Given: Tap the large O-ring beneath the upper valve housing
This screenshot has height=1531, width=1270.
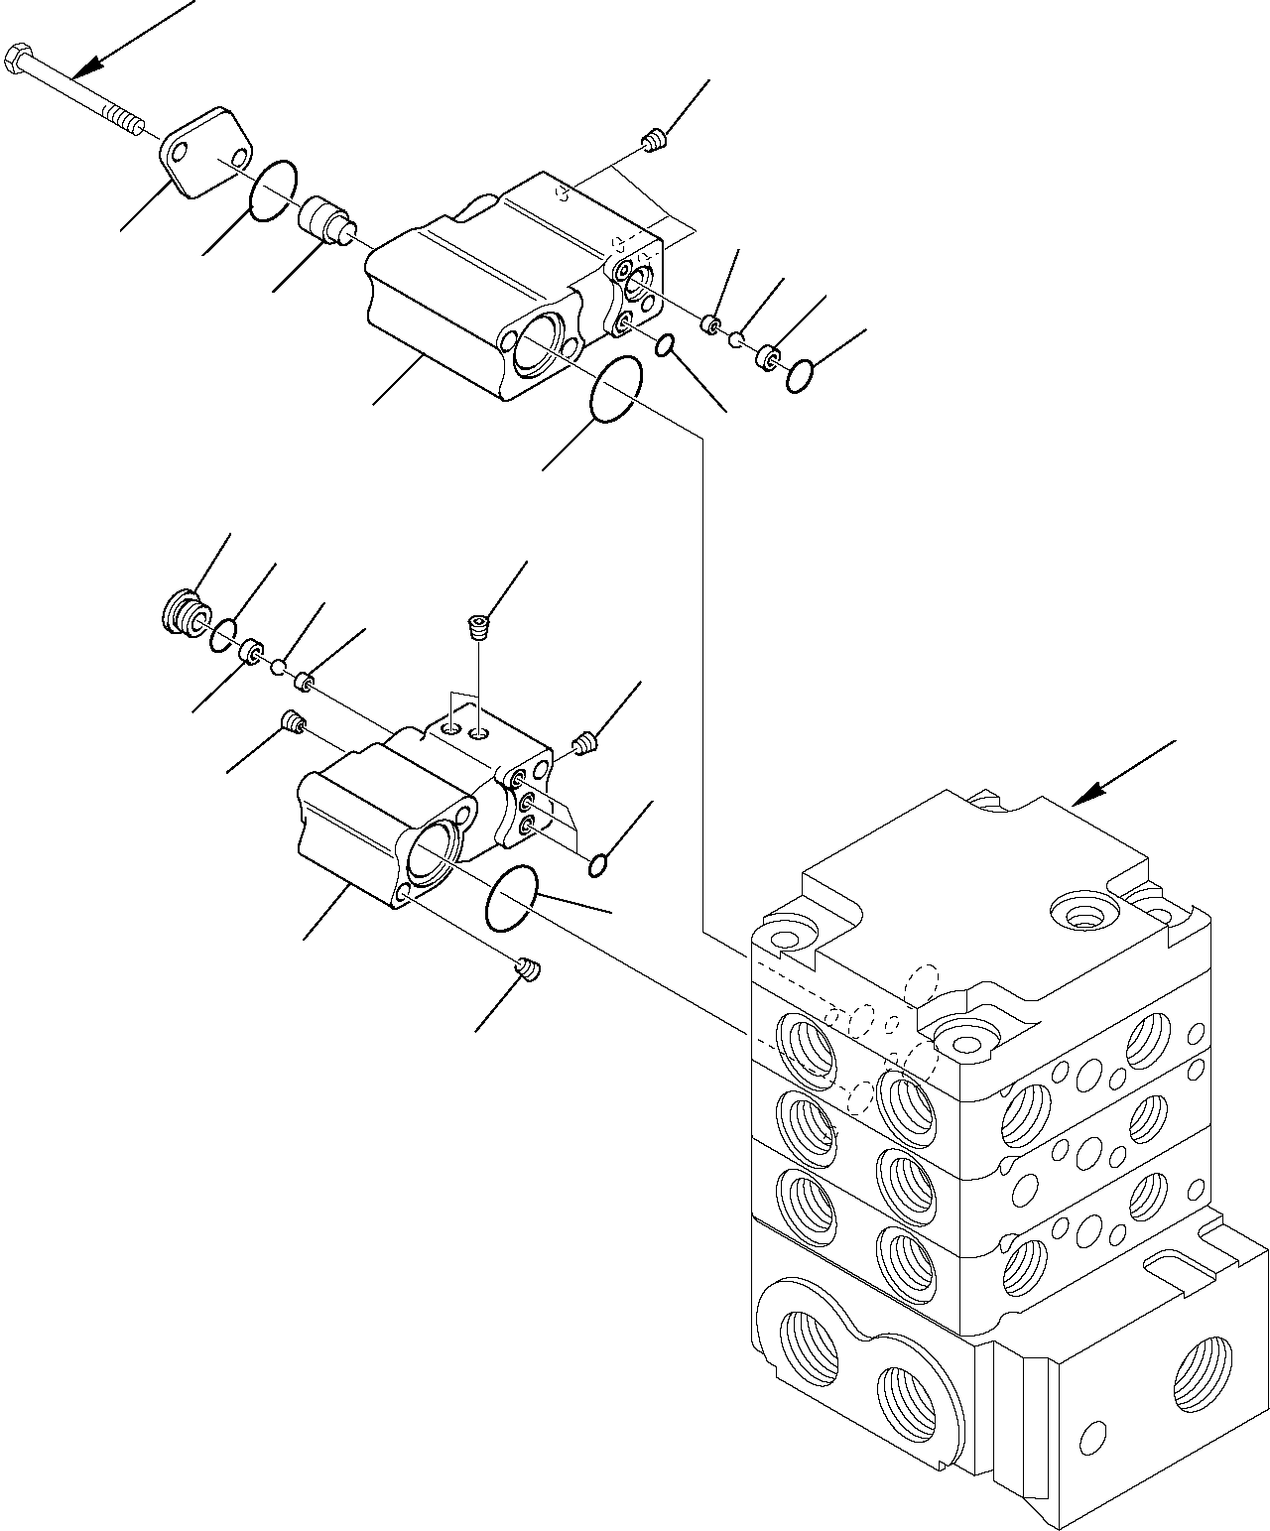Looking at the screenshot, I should [x=615, y=390].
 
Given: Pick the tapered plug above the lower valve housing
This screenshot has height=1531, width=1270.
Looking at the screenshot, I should [x=478, y=625].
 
